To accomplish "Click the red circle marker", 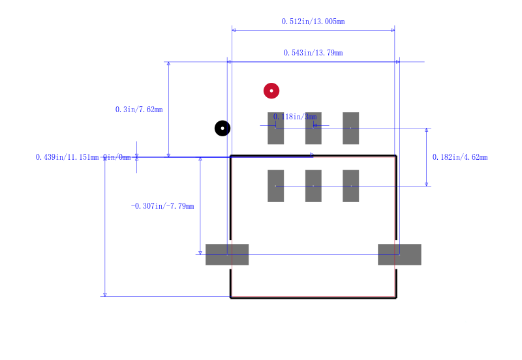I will click(x=271, y=91).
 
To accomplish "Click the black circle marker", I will click(x=223, y=128).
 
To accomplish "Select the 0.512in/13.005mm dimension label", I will click(x=313, y=22).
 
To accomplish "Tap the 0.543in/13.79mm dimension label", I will click(x=313, y=53).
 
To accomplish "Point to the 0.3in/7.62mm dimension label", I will click(x=139, y=110).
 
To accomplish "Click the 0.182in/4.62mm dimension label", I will click(x=460, y=157).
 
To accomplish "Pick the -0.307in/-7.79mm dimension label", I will click(x=162, y=206).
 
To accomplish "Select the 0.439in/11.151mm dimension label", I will click(x=67, y=157).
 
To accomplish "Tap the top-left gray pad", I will click(x=275, y=128).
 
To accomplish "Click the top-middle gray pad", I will click(x=313, y=128).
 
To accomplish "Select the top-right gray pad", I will click(x=351, y=128).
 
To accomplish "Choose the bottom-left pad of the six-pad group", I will click(x=275, y=186).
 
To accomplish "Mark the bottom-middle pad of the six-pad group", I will click(x=313, y=186).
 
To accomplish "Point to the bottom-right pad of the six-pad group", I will click(x=351, y=186).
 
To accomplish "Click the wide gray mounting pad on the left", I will click(x=227, y=254).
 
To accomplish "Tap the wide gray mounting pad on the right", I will click(x=399, y=254).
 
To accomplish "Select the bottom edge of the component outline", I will click(x=313, y=297).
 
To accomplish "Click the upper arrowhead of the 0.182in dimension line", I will click(x=427, y=130).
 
